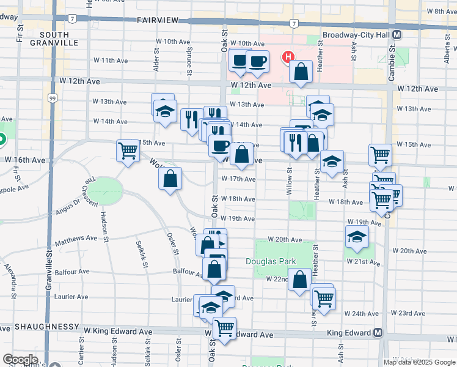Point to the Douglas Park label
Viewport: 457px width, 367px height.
tap(271, 261)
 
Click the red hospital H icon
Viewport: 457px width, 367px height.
tap(286, 58)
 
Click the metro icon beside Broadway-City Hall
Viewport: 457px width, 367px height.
tap(397, 35)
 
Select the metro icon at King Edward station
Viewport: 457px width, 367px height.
tap(378, 333)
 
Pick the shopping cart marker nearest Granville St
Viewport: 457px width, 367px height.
tap(128, 150)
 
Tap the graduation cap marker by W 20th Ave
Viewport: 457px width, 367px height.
tap(357, 237)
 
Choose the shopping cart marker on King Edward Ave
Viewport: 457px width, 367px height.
tap(224, 328)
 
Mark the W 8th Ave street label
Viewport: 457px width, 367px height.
tap(442, 11)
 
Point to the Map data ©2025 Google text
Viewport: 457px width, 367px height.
tap(419, 362)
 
